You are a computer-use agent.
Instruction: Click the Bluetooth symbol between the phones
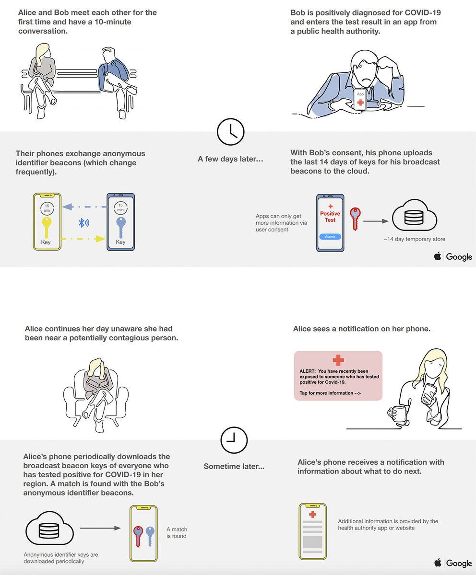tap(84, 222)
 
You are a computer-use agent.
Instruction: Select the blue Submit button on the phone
tap(330, 237)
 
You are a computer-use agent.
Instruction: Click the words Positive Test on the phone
tap(330, 217)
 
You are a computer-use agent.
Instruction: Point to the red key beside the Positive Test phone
tap(355, 218)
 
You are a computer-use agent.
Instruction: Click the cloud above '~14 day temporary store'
tap(415, 215)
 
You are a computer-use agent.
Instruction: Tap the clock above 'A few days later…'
tap(230, 132)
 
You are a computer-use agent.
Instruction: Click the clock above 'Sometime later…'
tap(234, 440)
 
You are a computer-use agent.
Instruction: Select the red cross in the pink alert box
tap(338, 360)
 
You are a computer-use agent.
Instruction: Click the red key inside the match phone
tap(138, 536)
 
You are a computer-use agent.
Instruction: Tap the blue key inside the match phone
tap(150, 536)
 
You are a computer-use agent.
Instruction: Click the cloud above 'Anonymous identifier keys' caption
tap(49, 528)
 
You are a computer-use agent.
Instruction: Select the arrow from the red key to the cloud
tap(376, 221)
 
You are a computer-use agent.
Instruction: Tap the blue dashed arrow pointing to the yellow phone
tap(84, 207)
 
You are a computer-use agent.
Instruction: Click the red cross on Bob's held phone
tap(360, 103)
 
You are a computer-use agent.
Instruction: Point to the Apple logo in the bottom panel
tap(438, 563)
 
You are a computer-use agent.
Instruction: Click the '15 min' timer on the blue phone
tap(120, 207)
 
